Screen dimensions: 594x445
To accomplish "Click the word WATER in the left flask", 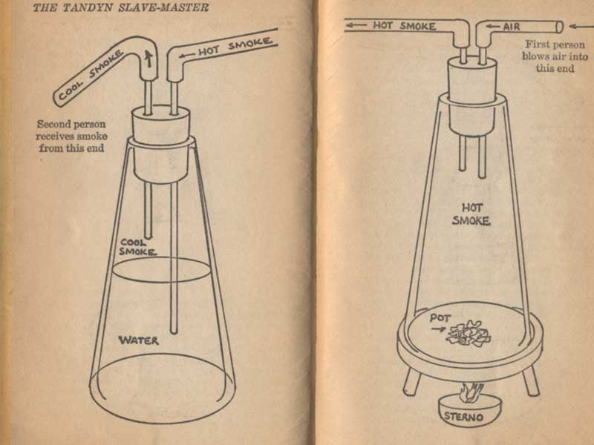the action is pos(139,340).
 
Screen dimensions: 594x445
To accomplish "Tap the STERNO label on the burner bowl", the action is pos(463,417).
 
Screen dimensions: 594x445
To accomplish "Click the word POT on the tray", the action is pos(440,318).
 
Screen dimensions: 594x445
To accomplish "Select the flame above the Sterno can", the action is pos(470,393).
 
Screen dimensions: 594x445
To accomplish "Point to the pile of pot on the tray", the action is pos(469,334).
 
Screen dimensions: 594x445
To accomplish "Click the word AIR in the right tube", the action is pos(512,27).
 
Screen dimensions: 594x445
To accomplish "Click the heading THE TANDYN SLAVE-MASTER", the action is pos(120,7).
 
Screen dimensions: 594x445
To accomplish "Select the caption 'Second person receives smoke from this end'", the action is pos(71,136).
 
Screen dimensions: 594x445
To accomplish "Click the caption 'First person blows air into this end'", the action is pos(555,56).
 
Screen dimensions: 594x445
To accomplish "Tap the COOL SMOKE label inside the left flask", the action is pos(137,247).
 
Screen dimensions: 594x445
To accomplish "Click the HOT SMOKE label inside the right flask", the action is pos(471,214).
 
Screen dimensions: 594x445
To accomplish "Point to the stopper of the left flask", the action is pos(161,144).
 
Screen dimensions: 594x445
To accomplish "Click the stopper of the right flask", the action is pos(472,96).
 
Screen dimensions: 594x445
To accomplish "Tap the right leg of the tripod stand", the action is pos(531,380).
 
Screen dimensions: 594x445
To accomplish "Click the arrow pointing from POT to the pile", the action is pos(438,329).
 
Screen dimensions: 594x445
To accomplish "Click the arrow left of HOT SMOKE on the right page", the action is pos(356,25).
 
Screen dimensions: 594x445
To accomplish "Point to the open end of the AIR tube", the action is pos(560,27).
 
